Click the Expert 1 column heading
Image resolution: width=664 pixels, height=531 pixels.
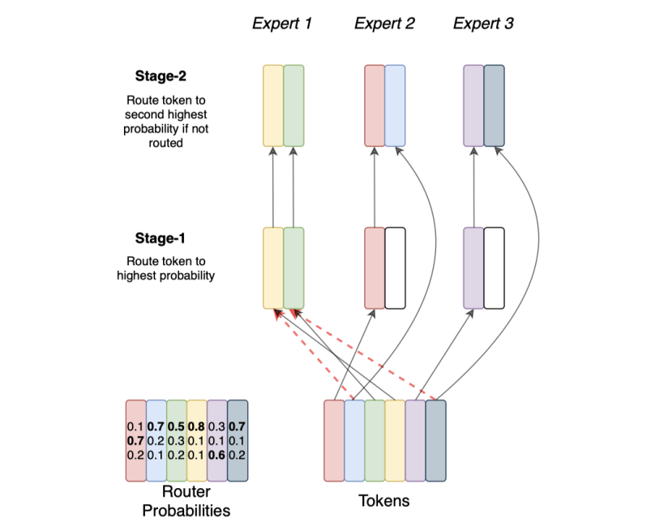tap(282, 24)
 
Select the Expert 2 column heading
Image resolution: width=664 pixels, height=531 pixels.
tap(384, 24)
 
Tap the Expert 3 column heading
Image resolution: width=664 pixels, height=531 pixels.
tap(483, 24)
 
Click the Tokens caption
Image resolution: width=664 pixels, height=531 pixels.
tap(384, 501)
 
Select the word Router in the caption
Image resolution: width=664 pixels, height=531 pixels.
tap(186, 493)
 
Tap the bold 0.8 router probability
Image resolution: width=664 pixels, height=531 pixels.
tap(196, 426)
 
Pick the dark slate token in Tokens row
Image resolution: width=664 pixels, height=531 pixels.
tap(435, 440)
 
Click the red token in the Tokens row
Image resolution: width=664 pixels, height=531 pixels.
tap(334, 440)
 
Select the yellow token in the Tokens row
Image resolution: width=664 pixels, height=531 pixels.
tap(395, 440)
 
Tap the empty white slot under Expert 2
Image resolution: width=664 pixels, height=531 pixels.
tap(395, 268)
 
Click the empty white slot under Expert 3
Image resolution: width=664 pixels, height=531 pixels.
tap(494, 268)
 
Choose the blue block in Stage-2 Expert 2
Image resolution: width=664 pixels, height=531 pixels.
tap(395, 105)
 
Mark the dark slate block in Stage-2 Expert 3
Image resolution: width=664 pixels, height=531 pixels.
tap(494, 105)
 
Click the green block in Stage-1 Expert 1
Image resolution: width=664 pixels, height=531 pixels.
tap(293, 268)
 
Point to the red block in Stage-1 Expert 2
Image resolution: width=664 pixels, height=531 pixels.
tap(375, 268)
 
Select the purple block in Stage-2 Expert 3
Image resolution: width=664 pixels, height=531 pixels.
tap(473, 105)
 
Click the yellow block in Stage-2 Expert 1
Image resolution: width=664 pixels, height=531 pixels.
tap(273, 105)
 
